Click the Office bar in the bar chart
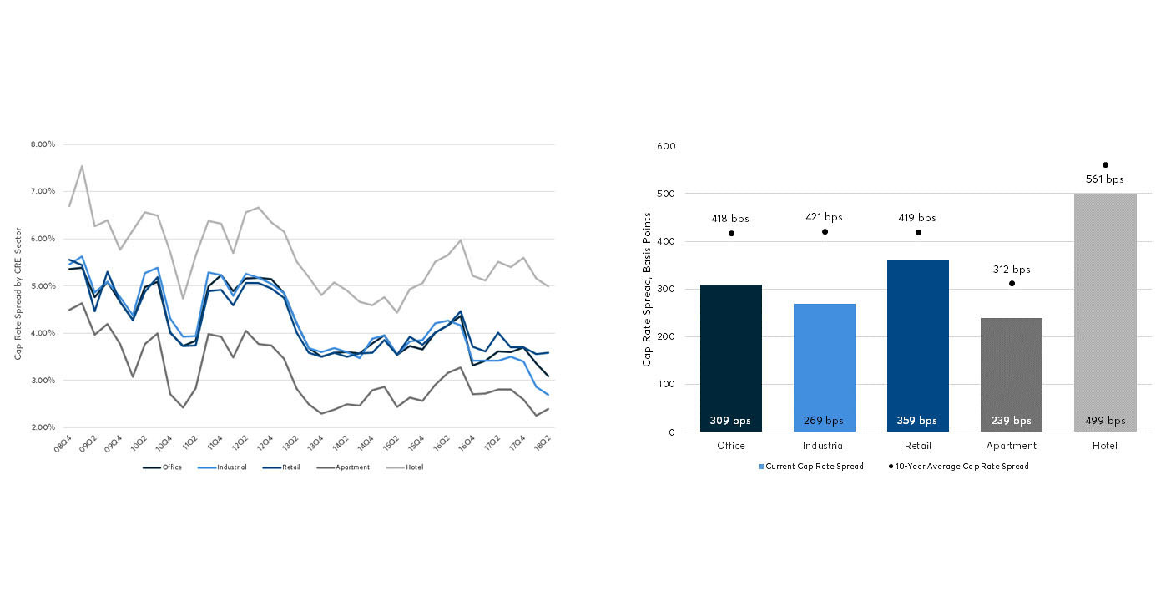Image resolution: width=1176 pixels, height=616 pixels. pos(730,359)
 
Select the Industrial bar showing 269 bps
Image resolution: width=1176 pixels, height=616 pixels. pos(824,368)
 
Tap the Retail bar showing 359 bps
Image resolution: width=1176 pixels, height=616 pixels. pos(917,346)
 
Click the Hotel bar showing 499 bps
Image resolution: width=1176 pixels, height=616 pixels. pos(1104,313)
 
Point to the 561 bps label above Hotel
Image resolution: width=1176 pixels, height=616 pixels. pos(1104,179)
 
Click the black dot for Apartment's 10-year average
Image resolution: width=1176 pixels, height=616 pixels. pos(1012,283)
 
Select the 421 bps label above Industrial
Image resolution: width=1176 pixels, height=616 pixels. pos(824,217)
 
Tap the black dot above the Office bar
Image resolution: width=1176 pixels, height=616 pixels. pos(731,233)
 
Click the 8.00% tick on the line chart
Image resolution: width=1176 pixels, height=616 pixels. pos(43,144)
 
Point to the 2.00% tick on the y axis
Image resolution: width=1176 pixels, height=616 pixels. pos(43,427)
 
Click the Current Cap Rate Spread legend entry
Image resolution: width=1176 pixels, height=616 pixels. pos(810,467)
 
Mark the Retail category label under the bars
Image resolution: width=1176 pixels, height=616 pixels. pos(917,446)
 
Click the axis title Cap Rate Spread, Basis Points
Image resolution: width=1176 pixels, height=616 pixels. pos(647,288)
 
